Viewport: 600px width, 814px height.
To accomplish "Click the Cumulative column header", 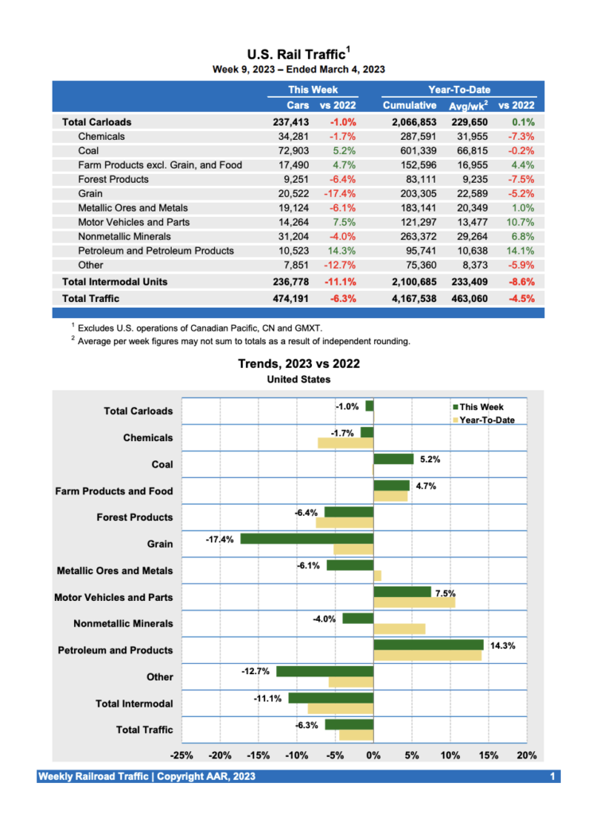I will pos(409,105).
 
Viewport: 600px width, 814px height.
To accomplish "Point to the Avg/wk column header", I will pos(468,105).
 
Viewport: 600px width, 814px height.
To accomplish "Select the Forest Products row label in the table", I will pos(113,180).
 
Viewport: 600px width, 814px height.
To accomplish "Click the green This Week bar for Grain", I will pos(307,539).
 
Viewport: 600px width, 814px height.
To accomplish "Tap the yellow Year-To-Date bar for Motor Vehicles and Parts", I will pos(414,603).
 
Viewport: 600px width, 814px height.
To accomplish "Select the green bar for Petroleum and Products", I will pos(428,645).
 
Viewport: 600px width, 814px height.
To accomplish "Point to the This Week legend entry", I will pos(480,407).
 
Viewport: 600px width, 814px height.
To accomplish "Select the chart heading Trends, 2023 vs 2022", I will pos(298,364).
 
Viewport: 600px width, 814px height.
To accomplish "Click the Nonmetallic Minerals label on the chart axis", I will pos(123,624).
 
